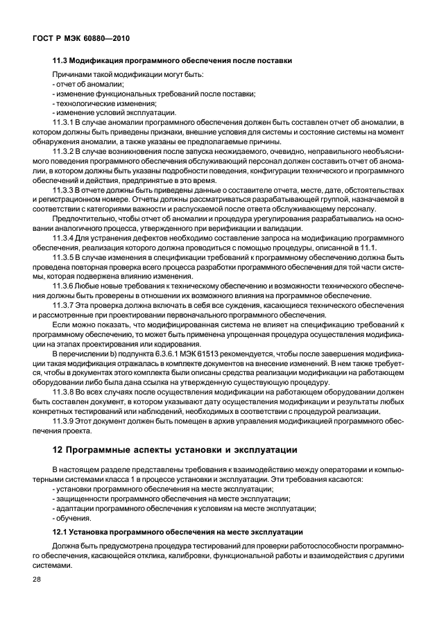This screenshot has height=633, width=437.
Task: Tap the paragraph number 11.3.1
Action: point(65,122)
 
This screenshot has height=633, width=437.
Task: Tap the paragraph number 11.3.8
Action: point(65,392)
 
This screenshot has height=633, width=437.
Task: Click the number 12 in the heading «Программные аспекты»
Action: point(58,450)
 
